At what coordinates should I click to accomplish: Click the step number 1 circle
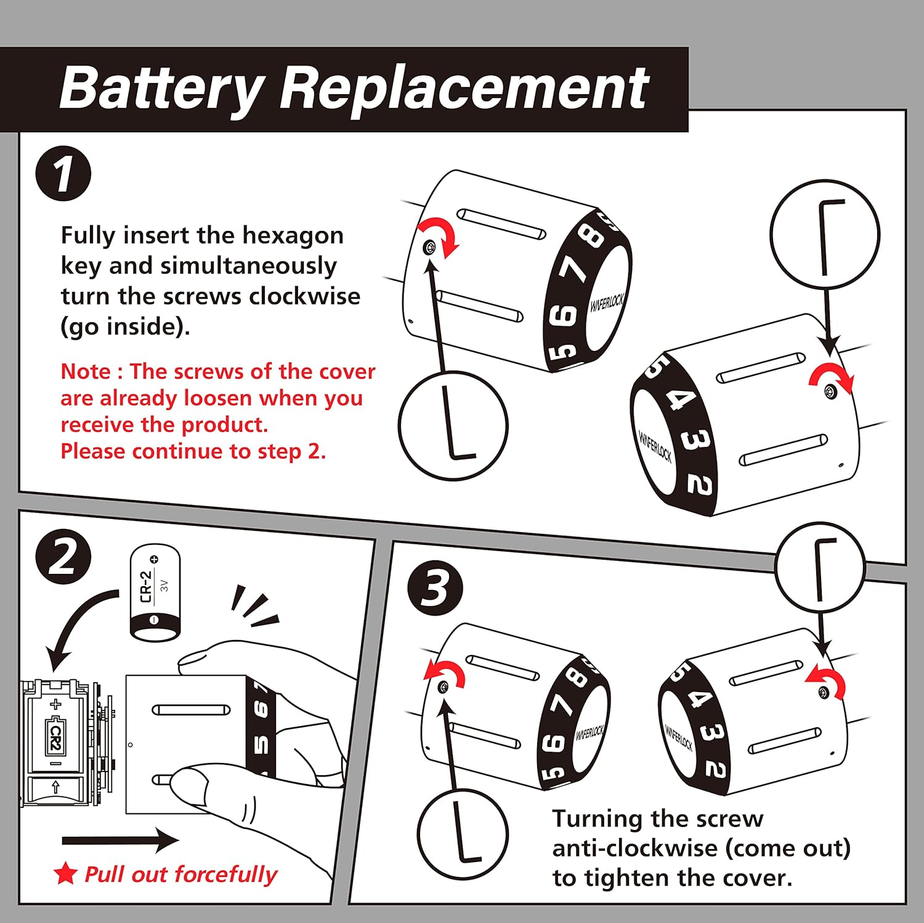63,174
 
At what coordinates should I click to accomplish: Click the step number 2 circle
63,557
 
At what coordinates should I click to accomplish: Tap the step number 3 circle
435,587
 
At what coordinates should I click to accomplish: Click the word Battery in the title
161,87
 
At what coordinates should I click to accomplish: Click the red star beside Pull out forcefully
65,873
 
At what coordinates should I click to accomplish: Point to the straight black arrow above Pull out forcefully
120,840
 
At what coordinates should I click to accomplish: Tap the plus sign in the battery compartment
56,704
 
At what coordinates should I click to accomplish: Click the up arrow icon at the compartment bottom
56,786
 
